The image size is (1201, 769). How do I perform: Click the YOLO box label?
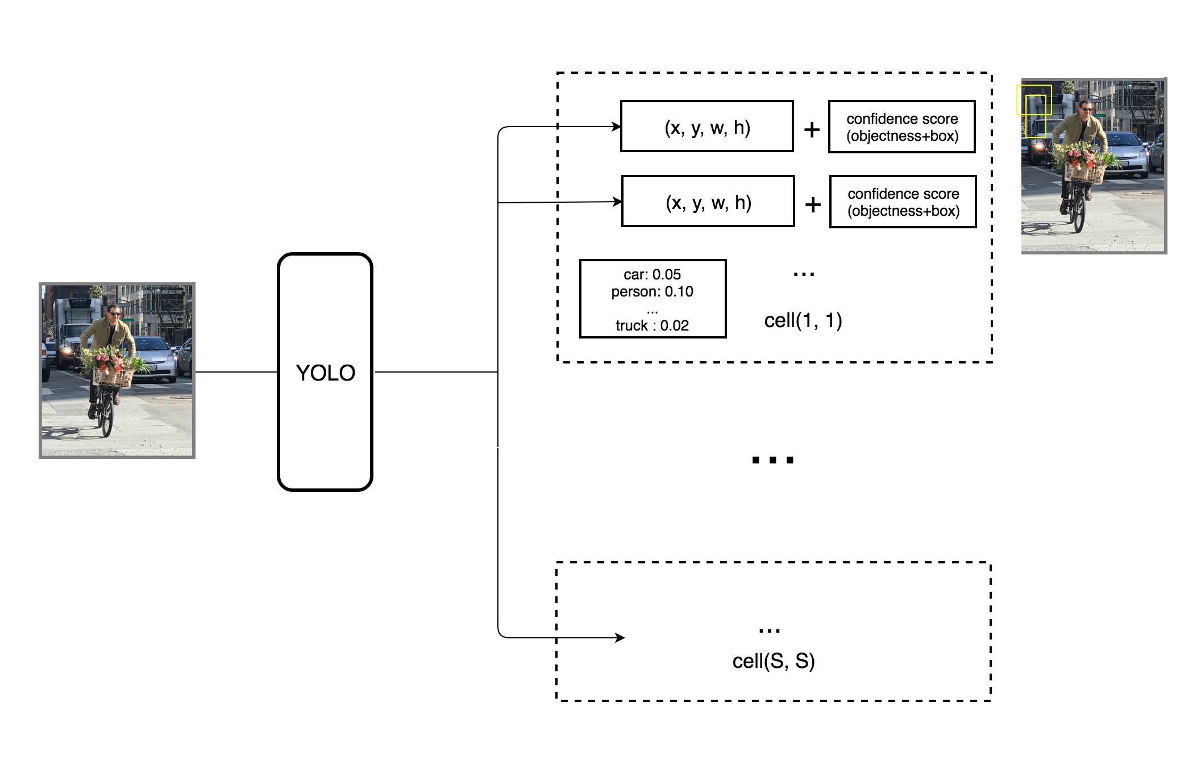click(x=326, y=373)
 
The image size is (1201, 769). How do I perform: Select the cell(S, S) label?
click(x=774, y=661)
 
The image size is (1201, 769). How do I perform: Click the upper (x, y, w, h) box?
click(x=707, y=127)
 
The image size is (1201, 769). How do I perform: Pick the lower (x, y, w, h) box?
click(x=708, y=202)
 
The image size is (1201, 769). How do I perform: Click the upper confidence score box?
click(x=902, y=127)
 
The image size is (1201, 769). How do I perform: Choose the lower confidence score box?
click(x=903, y=202)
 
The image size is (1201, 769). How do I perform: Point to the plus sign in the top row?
click(x=812, y=130)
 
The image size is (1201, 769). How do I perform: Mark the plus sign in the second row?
click(x=813, y=204)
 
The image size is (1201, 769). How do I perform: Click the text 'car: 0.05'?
click(x=652, y=275)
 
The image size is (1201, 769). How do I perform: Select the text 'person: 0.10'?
click(x=652, y=292)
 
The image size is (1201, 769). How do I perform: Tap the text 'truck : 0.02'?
click(x=652, y=326)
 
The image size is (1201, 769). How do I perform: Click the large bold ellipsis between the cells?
click(x=772, y=460)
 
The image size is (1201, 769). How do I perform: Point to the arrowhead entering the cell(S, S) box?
click(x=620, y=638)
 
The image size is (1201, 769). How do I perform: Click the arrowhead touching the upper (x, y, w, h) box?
click(x=616, y=127)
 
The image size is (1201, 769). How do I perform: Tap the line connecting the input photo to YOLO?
click(x=236, y=372)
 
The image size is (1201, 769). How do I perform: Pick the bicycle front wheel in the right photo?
click(x=1078, y=213)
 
